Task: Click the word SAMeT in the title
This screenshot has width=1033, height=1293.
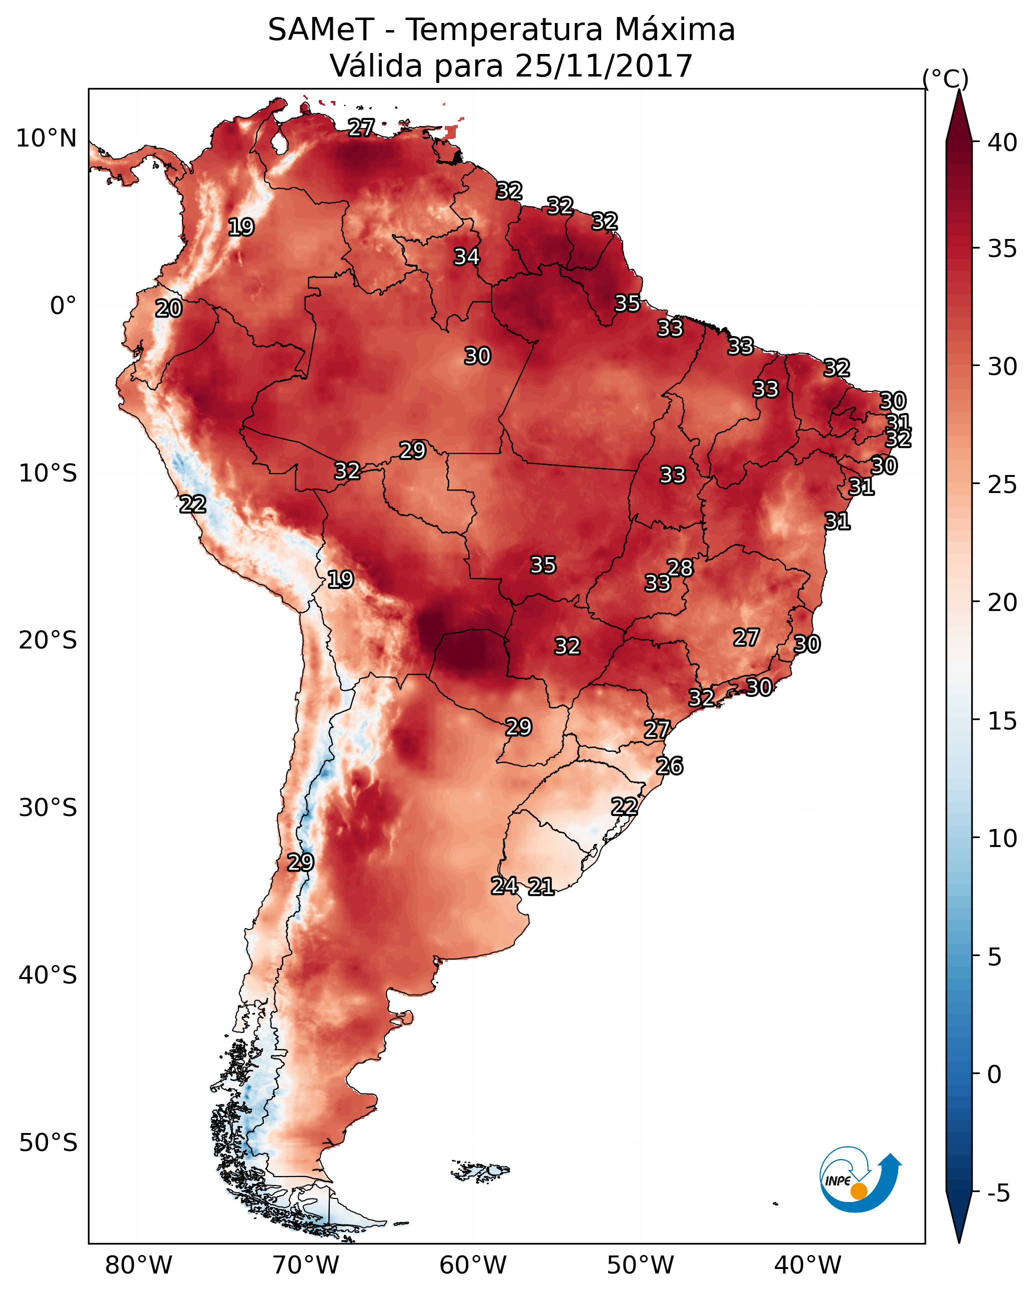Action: (321, 30)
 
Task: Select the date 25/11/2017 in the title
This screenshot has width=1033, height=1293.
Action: (603, 66)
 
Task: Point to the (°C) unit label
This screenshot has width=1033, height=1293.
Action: (945, 78)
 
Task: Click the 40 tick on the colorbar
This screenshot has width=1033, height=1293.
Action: (1003, 142)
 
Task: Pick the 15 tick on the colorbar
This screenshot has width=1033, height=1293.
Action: (1003, 721)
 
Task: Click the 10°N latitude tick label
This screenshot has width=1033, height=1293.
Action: (46, 138)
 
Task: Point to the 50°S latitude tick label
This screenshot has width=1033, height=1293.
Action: (48, 1142)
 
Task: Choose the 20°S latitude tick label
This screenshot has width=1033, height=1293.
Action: (48, 640)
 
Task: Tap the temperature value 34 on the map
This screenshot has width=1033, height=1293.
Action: (466, 256)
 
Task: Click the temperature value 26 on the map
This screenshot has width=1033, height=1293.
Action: (669, 766)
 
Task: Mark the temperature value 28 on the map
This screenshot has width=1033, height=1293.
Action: (680, 567)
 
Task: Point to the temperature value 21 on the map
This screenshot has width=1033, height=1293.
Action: (541, 886)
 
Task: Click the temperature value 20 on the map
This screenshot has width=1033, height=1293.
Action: (168, 308)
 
